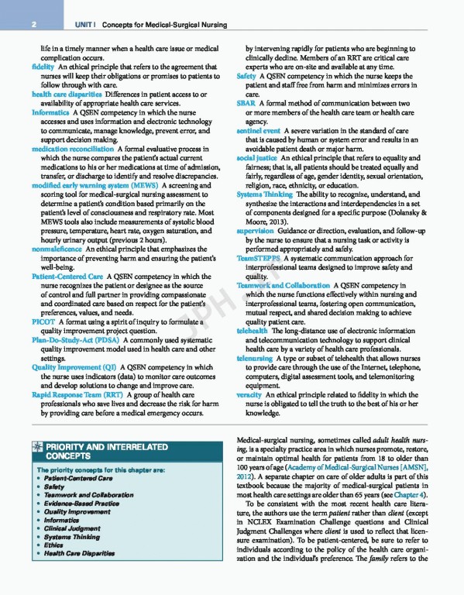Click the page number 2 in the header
[x=36, y=26]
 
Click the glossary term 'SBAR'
[x=246, y=104]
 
